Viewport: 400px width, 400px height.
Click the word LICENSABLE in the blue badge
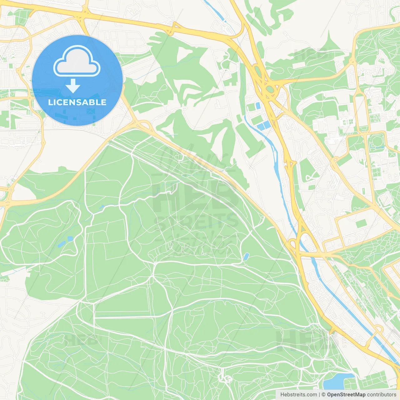(77, 102)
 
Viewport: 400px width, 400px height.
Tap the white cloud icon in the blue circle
(77, 61)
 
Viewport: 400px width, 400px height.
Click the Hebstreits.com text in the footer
(299, 395)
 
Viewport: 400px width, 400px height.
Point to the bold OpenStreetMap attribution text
(346, 395)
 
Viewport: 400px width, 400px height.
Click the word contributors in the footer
(382, 395)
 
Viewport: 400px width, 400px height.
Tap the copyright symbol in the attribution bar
(323, 395)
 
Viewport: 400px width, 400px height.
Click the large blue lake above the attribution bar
(336, 381)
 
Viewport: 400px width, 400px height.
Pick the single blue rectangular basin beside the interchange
(258, 106)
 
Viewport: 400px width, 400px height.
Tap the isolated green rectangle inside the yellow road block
(361, 224)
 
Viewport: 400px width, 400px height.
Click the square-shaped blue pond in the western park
(70, 239)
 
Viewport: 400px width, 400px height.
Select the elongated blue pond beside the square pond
(61, 244)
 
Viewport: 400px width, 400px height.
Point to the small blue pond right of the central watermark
(246, 257)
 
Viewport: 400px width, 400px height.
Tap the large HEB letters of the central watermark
(194, 197)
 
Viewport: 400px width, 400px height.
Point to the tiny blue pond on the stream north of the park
(102, 207)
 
